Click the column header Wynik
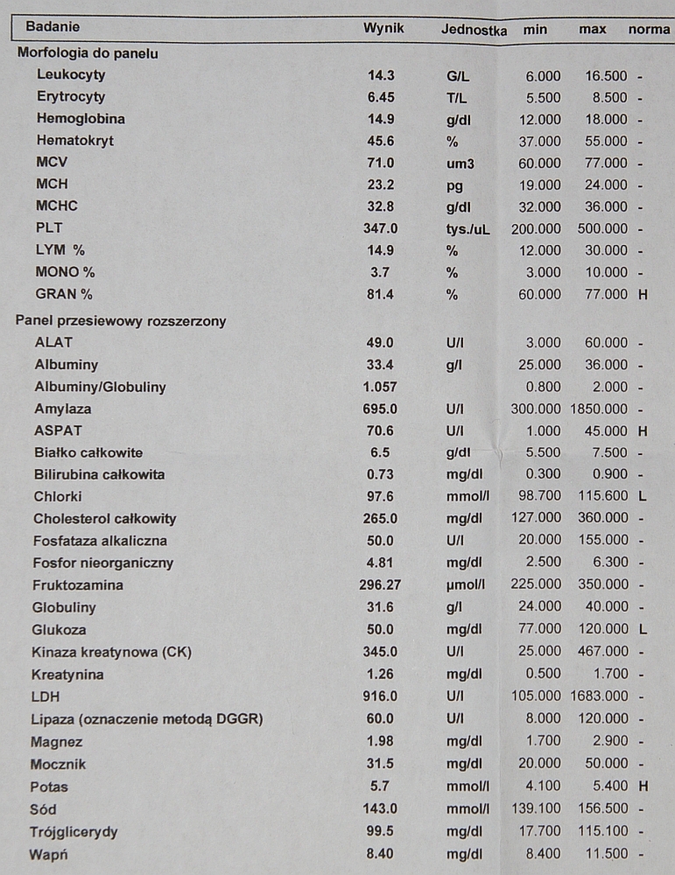[383, 29]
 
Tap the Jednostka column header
[474, 30]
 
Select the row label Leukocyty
[71, 75]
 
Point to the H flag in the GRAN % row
[643, 295]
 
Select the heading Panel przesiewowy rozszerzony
[121, 320]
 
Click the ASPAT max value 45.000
[606, 430]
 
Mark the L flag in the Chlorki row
[643, 497]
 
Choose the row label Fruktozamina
[78, 584]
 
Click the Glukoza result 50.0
[383, 629]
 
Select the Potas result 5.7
[383, 786]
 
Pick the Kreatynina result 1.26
[383, 675]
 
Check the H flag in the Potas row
[643, 787]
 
